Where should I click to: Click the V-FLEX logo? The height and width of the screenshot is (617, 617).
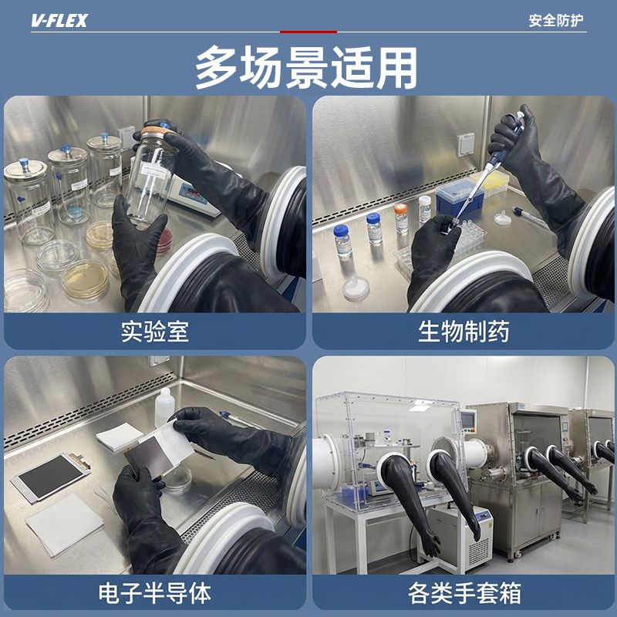(59, 20)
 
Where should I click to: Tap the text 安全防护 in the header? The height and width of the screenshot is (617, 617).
(555, 20)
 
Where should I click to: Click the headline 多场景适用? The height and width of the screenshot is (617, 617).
(306, 67)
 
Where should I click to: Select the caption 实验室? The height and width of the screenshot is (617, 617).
(155, 332)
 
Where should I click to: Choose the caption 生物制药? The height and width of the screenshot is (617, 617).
(464, 332)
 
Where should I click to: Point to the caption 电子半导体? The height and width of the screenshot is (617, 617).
(155, 593)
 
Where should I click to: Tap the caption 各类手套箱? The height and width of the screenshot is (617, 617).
(464, 593)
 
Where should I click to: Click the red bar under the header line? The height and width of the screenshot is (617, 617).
(308, 32)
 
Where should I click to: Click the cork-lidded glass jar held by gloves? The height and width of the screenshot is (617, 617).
(151, 175)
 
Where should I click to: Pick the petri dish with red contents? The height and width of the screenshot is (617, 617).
(164, 241)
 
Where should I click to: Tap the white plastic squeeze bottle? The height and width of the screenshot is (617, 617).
(164, 408)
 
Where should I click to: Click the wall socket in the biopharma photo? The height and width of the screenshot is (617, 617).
(466, 145)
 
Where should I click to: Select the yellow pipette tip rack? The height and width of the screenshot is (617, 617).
(491, 182)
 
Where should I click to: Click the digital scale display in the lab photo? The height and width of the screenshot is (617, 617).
(193, 194)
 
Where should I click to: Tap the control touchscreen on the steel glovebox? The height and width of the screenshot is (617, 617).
(469, 420)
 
